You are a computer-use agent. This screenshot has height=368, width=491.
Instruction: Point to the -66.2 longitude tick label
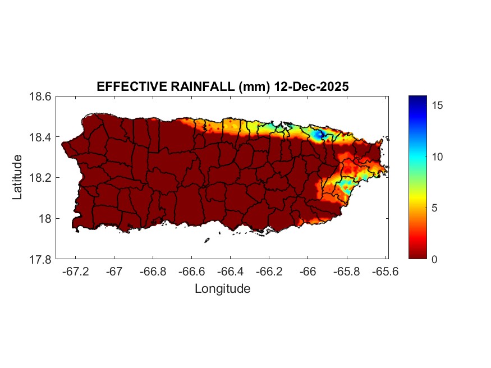(x=269, y=272)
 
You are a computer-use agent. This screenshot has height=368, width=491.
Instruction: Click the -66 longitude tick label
(x=307, y=272)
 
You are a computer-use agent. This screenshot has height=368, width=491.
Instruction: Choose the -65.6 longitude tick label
(x=384, y=272)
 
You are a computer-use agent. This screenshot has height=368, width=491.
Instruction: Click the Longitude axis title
(x=222, y=289)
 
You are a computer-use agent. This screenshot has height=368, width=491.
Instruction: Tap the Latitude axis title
(x=18, y=177)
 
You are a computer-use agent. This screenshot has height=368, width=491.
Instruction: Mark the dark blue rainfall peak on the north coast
(x=319, y=135)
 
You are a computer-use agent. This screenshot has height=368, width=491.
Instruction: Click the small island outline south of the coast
(x=207, y=240)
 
